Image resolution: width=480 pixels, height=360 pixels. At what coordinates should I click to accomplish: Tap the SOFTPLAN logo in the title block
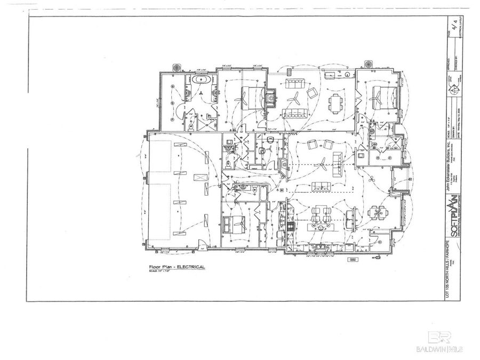point(452,211)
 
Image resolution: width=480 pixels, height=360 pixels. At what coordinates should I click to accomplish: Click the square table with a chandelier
point(379,214)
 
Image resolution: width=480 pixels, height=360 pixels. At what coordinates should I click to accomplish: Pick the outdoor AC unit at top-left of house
point(177,68)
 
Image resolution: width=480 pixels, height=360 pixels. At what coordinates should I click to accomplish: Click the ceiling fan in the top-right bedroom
point(377,97)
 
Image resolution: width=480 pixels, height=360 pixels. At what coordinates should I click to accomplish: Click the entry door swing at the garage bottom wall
point(202,246)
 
